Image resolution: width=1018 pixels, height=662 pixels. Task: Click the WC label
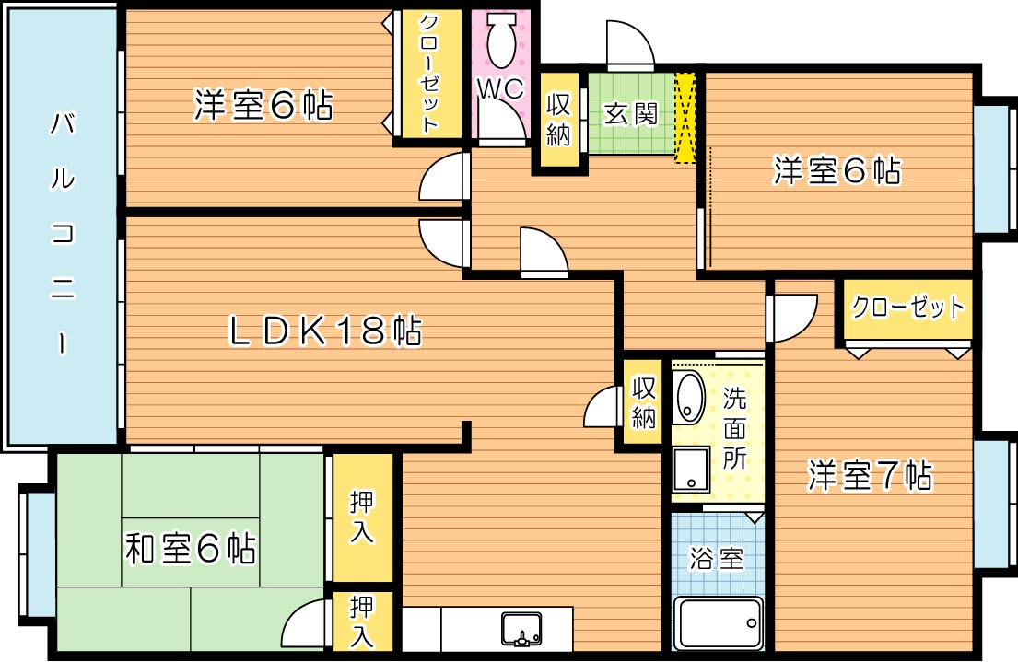point(500,88)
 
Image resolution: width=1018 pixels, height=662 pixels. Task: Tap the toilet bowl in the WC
point(502,41)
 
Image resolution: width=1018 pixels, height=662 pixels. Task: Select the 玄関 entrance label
point(630,114)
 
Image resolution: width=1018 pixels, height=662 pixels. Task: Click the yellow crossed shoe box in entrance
point(685,118)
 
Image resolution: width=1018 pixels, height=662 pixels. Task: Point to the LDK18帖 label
point(324,331)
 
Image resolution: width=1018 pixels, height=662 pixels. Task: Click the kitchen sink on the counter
point(522,630)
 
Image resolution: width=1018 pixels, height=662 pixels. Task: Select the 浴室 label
point(717,559)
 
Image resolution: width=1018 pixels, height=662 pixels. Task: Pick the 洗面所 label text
point(734,429)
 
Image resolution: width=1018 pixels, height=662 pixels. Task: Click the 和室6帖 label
point(190,550)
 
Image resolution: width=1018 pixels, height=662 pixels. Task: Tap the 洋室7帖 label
point(870,475)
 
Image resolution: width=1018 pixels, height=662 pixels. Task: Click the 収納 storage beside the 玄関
point(559,120)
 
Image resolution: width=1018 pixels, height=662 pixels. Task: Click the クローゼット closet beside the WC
point(428,74)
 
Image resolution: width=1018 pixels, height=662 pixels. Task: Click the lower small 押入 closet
point(362,621)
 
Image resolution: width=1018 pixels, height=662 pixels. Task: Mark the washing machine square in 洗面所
point(689,470)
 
